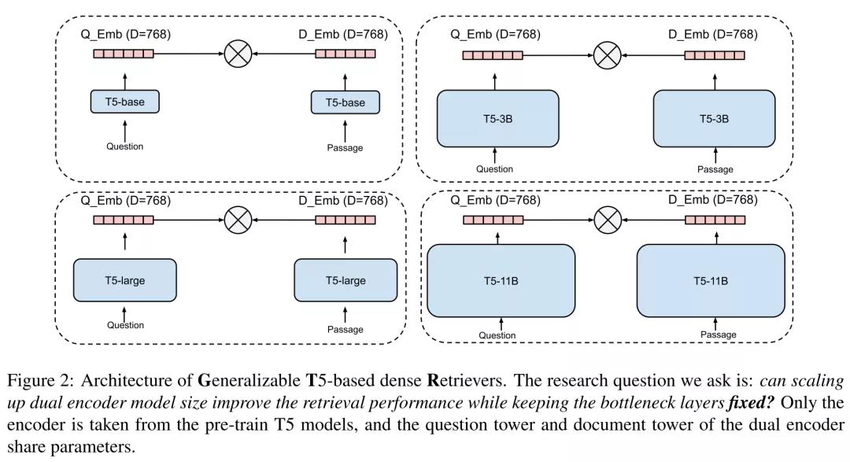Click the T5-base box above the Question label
click(124, 102)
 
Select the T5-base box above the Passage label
click(346, 102)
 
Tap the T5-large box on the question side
click(124, 280)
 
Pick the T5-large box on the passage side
click(346, 280)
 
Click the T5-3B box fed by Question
click(497, 119)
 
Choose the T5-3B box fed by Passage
click(714, 119)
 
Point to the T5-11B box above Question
click(501, 281)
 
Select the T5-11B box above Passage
click(711, 281)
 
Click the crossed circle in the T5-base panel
click(238, 54)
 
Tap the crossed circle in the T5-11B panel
click(608, 220)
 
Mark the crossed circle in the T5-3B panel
click(607, 55)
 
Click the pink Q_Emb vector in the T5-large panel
click(124, 220)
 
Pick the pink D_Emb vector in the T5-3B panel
click(715, 55)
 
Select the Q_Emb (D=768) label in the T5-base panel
click(126, 34)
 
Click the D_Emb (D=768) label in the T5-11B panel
click(713, 200)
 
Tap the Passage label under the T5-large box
click(346, 329)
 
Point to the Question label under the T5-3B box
click(494, 169)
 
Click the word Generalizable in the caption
click(249, 381)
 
